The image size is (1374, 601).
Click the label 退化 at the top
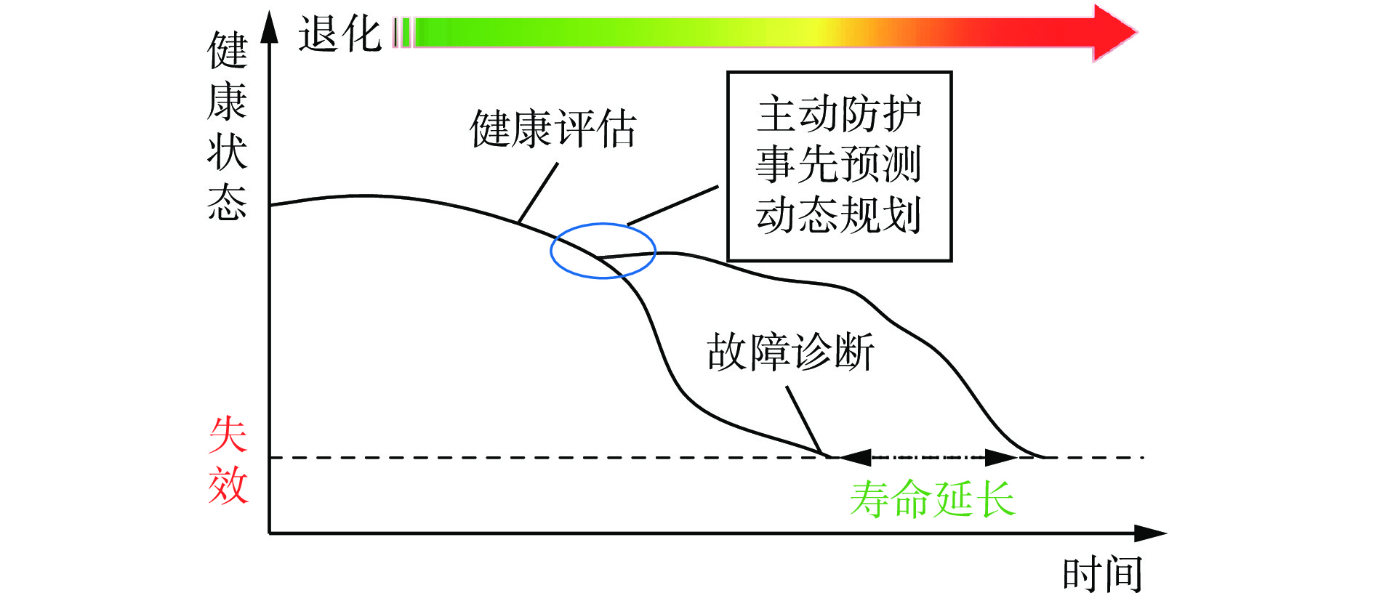coord(340,34)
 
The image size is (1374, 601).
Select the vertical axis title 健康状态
coord(228,125)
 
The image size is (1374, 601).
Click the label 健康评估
coord(553,129)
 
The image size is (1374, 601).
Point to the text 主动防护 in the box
coord(839,114)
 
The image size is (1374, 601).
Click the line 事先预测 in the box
coord(839,164)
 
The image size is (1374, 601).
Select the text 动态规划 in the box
coord(839,214)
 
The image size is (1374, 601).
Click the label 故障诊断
coord(790,352)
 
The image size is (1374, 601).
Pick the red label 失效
coord(228,460)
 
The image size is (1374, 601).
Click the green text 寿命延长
coord(933,499)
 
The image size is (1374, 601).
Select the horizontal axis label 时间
coord(1102,575)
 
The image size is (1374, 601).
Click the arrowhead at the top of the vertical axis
coord(270,27)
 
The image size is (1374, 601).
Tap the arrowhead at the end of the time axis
coord(1150,533)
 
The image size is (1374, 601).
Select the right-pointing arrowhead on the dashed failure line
coord(1002,457)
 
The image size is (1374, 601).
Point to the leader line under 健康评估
coord(538,193)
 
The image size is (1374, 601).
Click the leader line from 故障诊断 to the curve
coord(804,421)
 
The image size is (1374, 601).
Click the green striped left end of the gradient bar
coord(403,33)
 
